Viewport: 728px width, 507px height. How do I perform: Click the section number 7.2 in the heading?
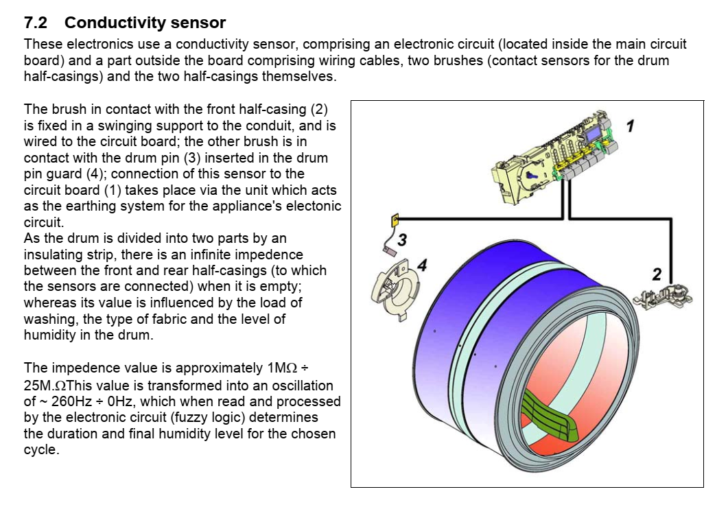click(x=35, y=23)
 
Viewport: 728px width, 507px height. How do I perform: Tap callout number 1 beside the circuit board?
click(x=631, y=125)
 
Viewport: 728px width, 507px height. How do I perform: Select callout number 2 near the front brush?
click(x=657, y=274)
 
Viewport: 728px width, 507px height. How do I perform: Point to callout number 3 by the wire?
click(x=402, y=239)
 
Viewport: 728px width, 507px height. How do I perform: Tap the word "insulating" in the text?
click(x=54, y=255)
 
